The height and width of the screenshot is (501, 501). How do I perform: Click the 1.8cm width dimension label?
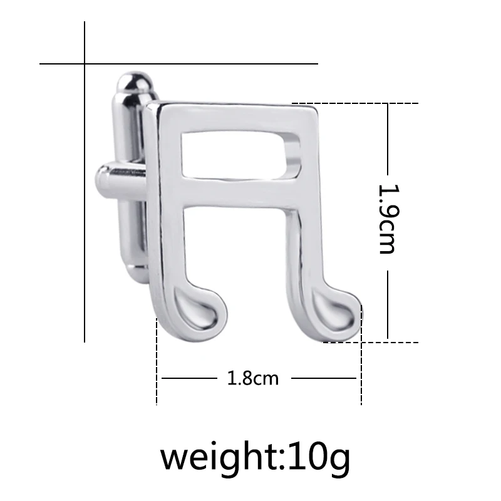(253, 379)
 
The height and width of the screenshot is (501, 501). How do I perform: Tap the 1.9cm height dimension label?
(388, 219)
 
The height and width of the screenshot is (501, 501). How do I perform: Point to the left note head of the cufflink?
(199, 309)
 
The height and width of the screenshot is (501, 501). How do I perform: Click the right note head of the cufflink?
(336, 314)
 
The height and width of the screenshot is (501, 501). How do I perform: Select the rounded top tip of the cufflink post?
(134, 81)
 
